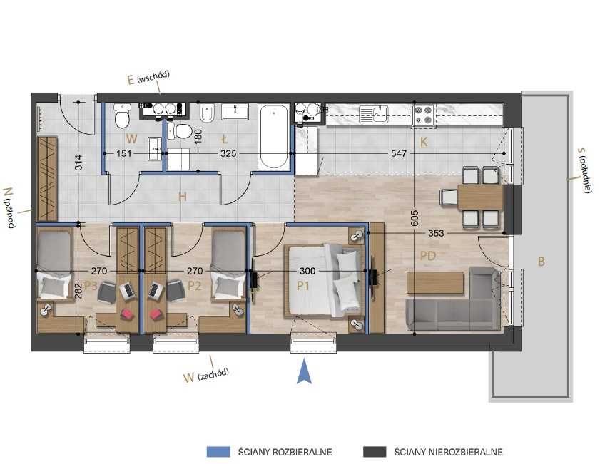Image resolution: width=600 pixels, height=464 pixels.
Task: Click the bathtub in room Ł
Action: pos(274,136)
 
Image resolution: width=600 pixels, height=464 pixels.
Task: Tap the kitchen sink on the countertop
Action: pos(373,114)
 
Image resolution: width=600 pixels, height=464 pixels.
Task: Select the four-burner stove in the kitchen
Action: pos(423,115)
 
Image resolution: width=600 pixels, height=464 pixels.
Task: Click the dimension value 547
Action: pos(399,153)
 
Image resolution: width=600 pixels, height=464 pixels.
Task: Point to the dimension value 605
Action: pos(415,218)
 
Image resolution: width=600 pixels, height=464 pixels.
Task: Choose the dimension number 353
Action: pos(436,233)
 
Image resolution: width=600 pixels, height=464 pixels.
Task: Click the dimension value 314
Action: pos(78,162)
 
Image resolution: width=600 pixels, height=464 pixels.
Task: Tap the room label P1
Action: pos(303,286)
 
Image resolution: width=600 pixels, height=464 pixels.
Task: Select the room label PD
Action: pos(428,256)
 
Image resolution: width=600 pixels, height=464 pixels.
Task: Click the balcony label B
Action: pos(541,262)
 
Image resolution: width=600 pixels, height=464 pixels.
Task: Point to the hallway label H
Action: pos(183,197)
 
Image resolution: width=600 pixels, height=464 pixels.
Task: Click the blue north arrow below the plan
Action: pos(304,371)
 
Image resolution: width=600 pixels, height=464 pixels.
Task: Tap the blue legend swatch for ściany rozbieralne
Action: pos(218,452)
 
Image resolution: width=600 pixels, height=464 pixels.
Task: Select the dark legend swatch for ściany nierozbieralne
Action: pos(375,452)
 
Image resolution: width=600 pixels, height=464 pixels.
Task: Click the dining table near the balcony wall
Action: pos(480,197)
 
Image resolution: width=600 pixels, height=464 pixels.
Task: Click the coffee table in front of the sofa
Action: pos(435,282)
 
